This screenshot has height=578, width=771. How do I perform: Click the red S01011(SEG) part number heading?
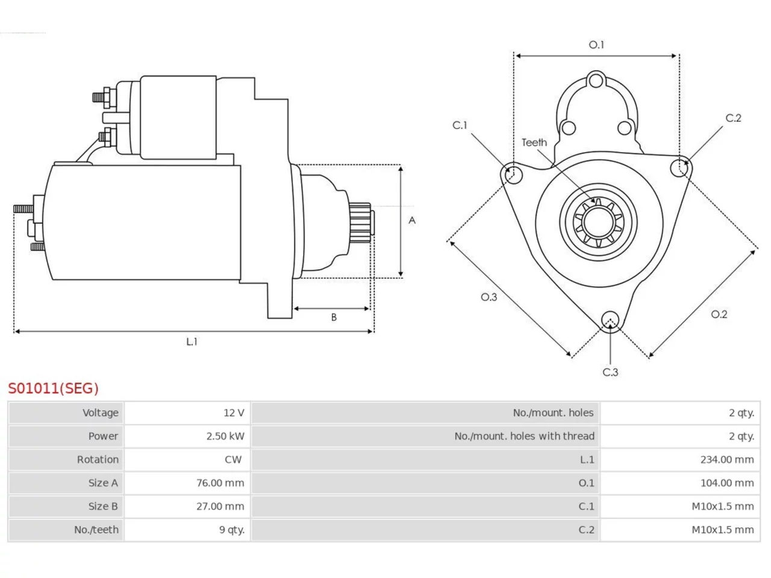[54, 388]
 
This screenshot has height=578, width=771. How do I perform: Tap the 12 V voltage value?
[234, 412]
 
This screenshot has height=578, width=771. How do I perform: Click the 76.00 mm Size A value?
[220, 483]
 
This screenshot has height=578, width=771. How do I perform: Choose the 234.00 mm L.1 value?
[727, 459]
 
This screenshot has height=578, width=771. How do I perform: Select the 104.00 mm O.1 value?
[727, 483]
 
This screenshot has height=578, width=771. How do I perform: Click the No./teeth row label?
[96, 530]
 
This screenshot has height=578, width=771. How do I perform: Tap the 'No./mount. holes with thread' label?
[525, 436]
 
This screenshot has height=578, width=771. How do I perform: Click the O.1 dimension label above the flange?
[596, 45]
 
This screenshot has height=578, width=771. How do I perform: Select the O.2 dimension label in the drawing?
[719, 314]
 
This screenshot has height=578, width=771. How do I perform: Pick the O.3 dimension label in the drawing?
[489, 297]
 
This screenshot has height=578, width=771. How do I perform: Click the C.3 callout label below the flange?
[611, 372]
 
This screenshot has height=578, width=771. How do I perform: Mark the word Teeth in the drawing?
[534, 143]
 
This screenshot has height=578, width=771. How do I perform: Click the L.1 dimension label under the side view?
[192, 341]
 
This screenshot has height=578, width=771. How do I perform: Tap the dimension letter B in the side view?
[334, 317]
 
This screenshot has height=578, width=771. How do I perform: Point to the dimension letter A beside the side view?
[412, 220]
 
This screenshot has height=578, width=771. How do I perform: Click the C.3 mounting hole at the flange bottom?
[611, 320]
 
